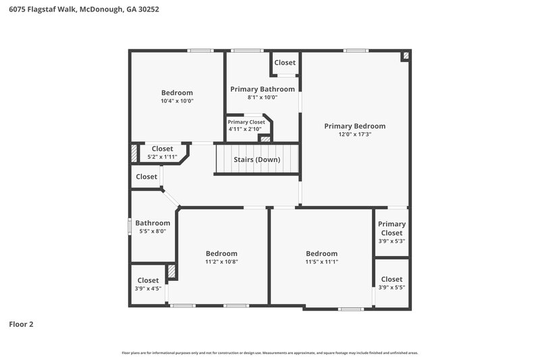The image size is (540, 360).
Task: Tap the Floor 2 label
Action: [21, 324]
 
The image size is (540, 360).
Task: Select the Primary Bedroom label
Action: [354, 126]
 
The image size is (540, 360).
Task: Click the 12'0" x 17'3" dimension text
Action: [354, 134]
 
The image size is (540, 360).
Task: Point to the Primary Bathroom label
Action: [263, 89]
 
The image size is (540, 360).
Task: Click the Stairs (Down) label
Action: [256, 160]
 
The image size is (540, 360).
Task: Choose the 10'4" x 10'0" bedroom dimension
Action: [177, 101]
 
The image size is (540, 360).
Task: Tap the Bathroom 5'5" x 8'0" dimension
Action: [153, 231]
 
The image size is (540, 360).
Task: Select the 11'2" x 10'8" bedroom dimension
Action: [221, 262]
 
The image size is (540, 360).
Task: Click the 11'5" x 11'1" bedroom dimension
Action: [321, 262]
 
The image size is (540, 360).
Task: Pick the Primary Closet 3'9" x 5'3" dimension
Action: [391, 241]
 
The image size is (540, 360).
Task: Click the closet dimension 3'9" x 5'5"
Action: [391, 287]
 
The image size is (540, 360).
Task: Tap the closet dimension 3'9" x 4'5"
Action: [148, 288]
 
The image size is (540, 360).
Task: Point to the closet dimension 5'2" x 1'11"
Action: [162, 157]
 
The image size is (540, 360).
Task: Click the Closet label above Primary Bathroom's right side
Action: [285, 63]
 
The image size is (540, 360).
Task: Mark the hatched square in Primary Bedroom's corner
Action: [406, 57]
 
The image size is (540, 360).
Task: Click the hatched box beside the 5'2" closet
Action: [134, 153]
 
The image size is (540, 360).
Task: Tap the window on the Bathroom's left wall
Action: [130, 226]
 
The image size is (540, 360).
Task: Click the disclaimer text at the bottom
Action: [270, 353]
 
